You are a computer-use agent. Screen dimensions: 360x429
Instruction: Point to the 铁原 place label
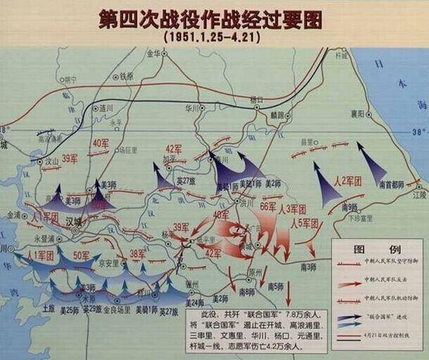(127, 76)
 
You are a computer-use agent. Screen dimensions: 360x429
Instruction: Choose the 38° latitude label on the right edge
(416, 133)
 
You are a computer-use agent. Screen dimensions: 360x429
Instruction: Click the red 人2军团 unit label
(351, 179)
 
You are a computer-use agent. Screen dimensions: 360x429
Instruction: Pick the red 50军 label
(82, 256)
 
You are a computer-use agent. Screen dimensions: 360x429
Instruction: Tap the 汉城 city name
(73, 220)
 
